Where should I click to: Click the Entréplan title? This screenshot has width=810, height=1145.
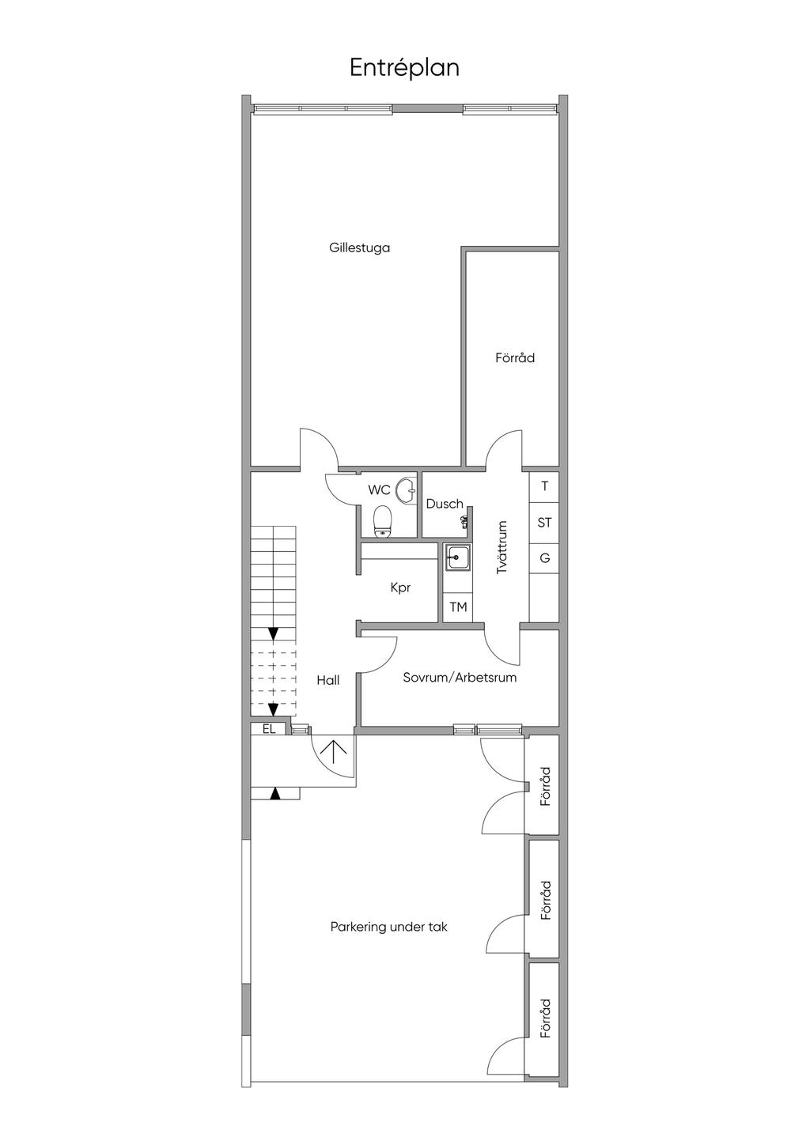[404, 68]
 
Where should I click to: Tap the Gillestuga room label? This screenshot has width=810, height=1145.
[359, 248]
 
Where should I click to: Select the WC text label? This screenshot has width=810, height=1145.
[379, 489]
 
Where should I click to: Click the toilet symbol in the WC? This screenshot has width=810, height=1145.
[383, 522]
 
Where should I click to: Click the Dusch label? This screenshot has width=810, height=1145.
[445, 504]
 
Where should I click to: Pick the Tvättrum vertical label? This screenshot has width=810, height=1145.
[502, 547]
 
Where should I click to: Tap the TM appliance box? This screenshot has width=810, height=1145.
[458, 607]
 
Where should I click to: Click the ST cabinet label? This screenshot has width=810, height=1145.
[544, 523]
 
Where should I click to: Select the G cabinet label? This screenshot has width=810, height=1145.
[544, 557]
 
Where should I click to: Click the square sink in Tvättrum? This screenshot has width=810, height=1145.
[458, 557]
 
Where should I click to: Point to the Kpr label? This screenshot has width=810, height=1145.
[400, 588]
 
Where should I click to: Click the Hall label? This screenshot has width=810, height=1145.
[327, 680]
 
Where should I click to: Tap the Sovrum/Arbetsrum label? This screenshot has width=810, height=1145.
[460, 678]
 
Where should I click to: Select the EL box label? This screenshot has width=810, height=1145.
[269, 729]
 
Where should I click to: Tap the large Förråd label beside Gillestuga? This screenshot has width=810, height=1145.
[514, 357]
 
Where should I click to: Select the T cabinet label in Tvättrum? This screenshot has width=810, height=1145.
[544, 486]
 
